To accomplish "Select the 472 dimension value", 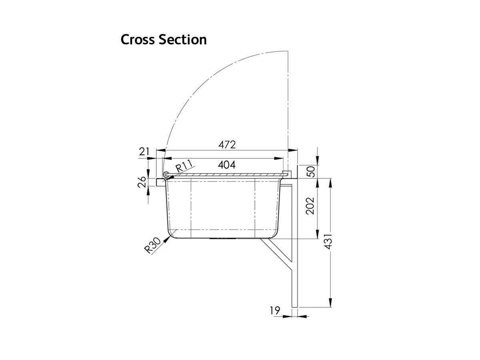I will pyautogui.click(x=227, y=145).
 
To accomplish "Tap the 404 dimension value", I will pyautogui.click(x=226, y=164).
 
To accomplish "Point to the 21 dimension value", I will pyautogui.click(x=144, y=152).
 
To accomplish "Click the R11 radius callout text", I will pyautogui.click(x=184, y=166).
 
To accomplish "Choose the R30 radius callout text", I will pyautogui.click(x=153, y=245).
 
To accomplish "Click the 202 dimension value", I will pyautogui.click(x=311, y=206).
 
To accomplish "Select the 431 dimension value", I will pyautogui.click(x=329, y=241).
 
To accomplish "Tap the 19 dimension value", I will pyautogui.click(x=274, y=310).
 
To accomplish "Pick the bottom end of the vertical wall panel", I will pyautogui.click(x=295, y=306).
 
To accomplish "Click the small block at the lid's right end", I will pyautogui.click(x=285, y=173).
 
